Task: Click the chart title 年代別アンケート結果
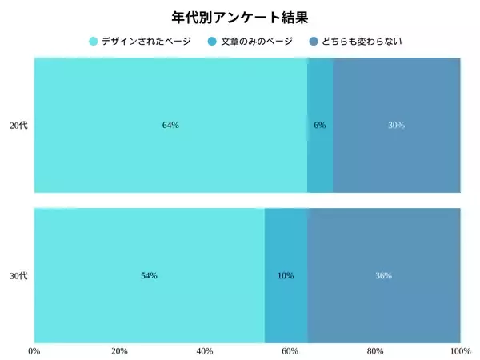pos(240,17)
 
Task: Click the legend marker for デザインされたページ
pos(94,41)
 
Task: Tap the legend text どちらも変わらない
pos(357,41)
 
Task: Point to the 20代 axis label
pos(18,126)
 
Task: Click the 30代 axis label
pos(18,276)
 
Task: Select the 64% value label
pos(170,126)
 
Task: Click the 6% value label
pos(320,126)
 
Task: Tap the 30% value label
pos(396,126)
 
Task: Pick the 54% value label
pos(149,276)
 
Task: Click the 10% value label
pos(286,276)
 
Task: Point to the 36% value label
pos(383,276)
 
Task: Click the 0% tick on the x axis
pos(34,350)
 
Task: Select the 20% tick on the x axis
pos(119,350)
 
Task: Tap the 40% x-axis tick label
pos(205,350)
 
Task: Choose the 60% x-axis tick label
pos(290,350)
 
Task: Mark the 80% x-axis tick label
pos(375,350)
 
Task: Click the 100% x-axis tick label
pos(460,350)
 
